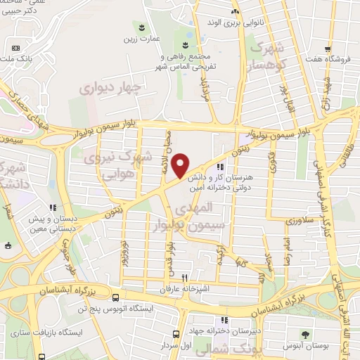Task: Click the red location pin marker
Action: coord(181,165)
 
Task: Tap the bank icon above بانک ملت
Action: coord(15,48)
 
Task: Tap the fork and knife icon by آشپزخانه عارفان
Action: coord(185,277)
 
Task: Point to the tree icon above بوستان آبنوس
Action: coord(305,335)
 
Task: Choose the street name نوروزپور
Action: coord(124,250)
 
